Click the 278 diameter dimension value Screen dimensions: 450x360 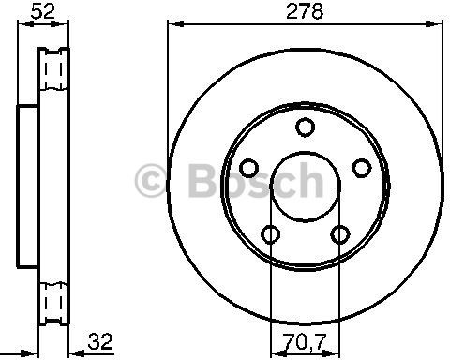tap(305, 11)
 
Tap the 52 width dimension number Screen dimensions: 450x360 tap(43, 11)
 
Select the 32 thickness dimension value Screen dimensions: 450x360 tap(100, 341)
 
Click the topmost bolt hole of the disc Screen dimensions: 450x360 tap(305, 127)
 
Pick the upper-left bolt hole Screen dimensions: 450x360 tap(249, 168)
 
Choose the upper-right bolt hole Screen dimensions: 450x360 tap(362, 168)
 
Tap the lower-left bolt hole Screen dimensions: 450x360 tap(270, 234)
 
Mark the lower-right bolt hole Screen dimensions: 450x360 tap(340, 234)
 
